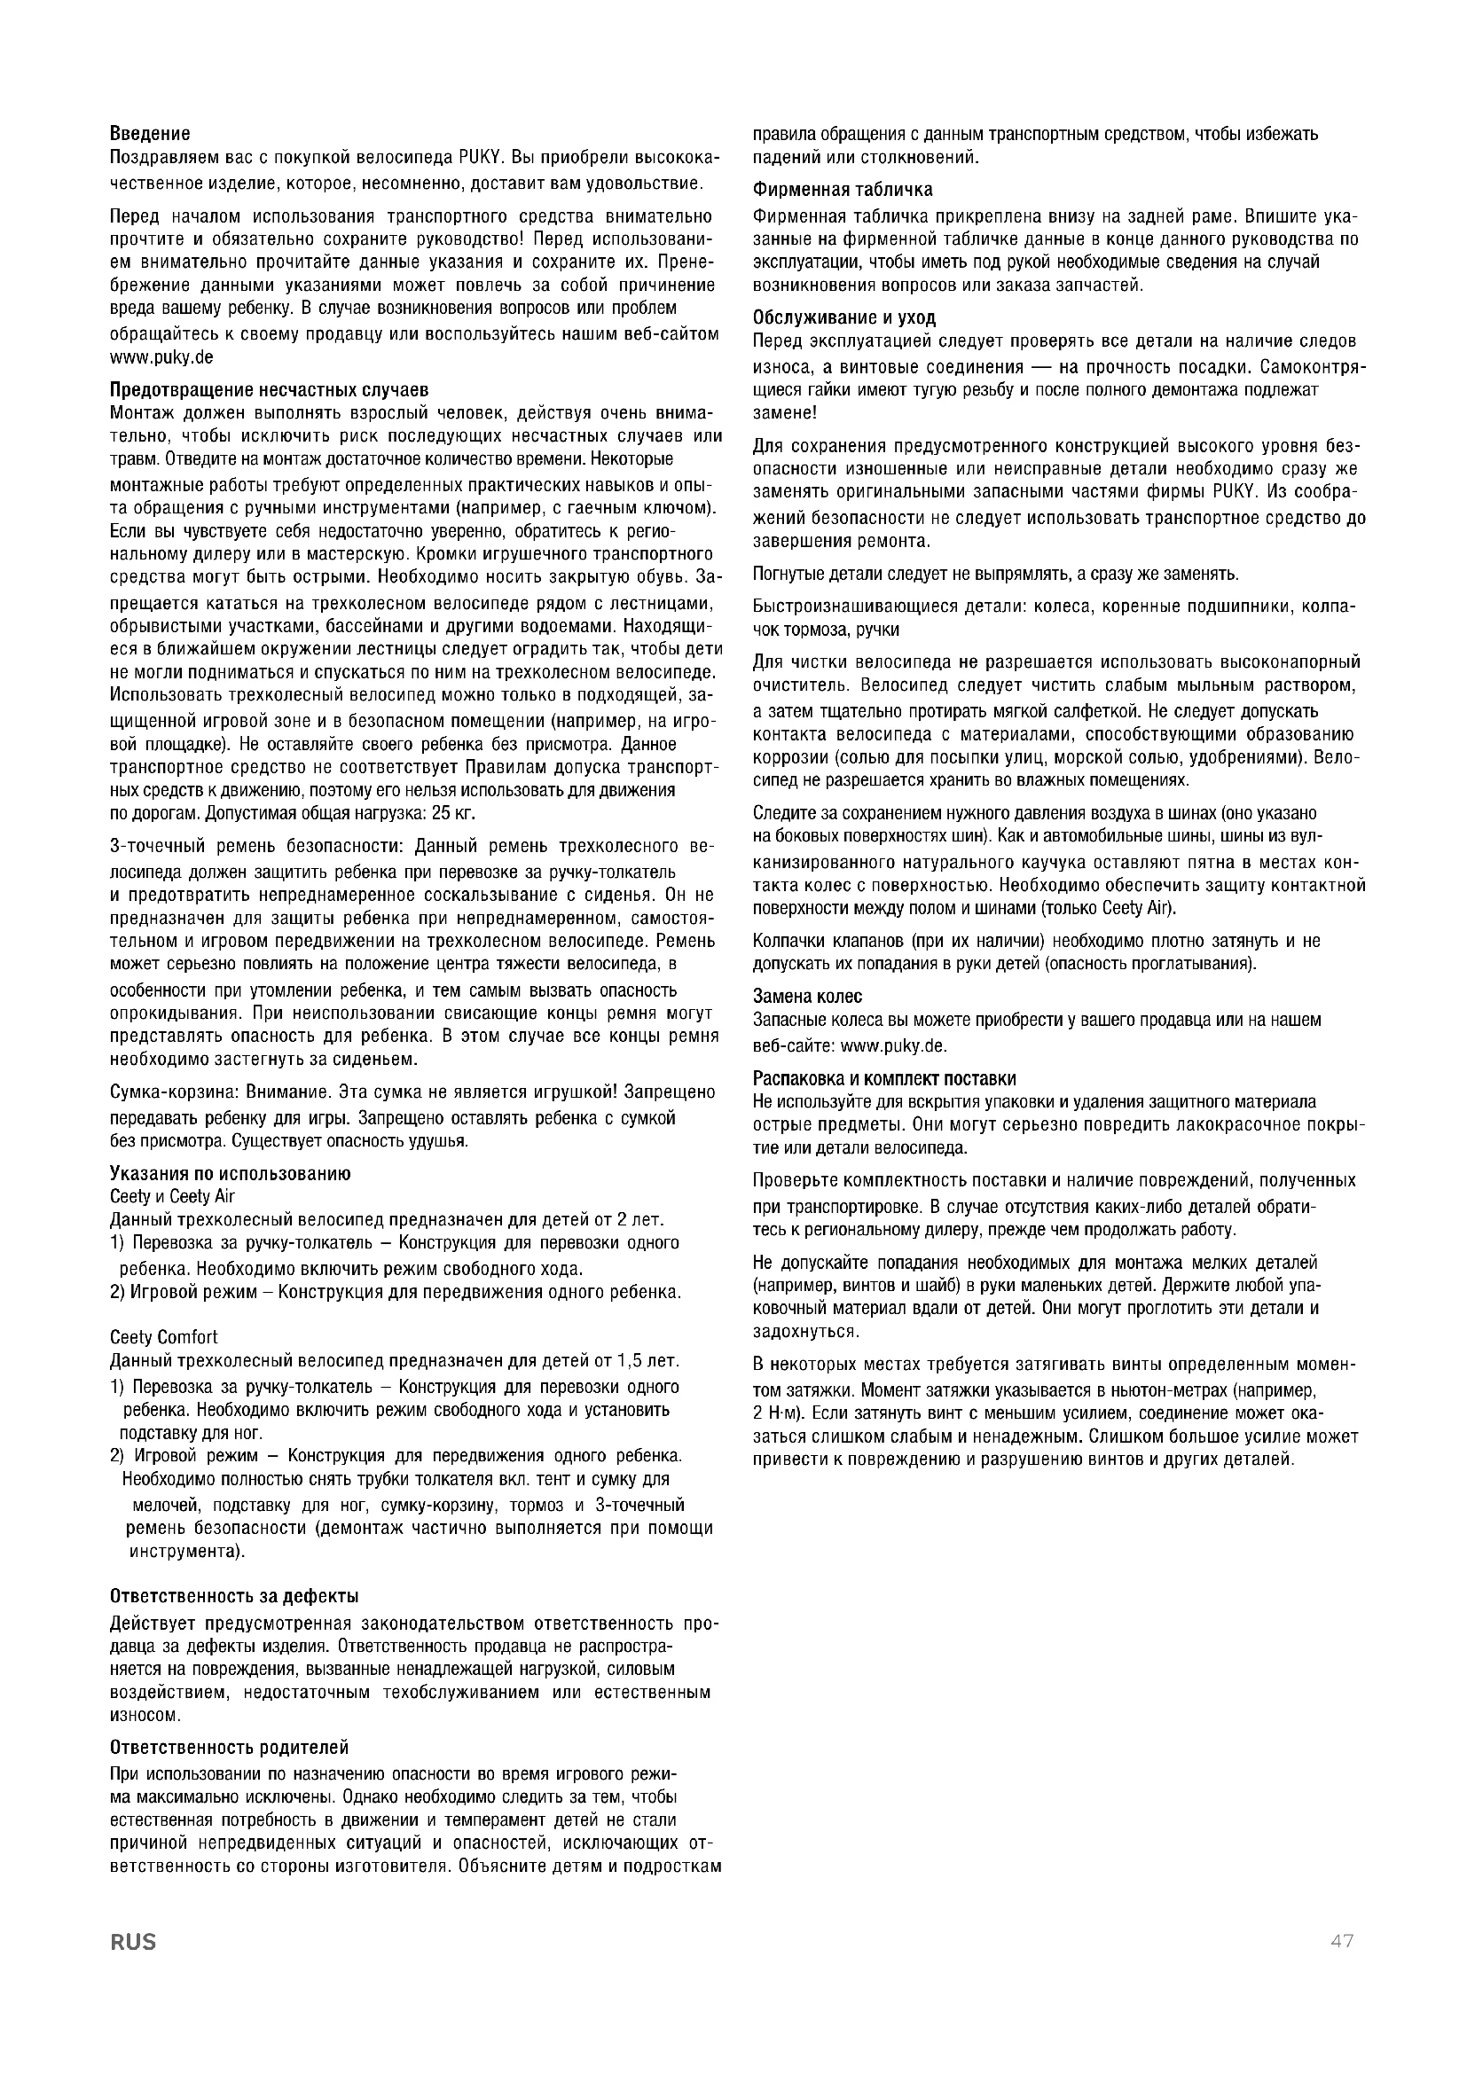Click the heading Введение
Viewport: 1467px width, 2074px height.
point(150,135)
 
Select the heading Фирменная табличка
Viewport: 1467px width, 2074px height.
point(843,190)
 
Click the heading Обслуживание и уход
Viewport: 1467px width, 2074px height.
point(844,318)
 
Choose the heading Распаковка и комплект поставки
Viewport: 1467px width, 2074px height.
point(884,1078)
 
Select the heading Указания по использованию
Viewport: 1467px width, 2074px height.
point(231,1173)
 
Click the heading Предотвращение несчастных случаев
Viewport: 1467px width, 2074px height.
point(268,390)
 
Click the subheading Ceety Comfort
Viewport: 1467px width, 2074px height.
point(163,1337)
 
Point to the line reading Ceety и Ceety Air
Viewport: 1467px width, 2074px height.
point(172,1196)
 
